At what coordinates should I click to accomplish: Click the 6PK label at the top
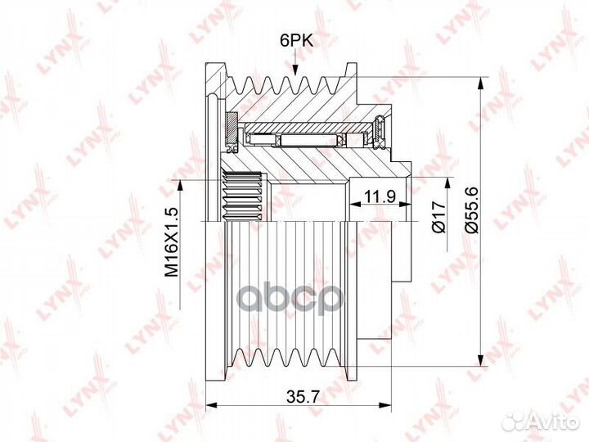[x=296, y=40]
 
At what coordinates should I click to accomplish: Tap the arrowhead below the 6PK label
[x=295, y=70]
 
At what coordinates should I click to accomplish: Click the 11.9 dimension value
[x=380, y=196]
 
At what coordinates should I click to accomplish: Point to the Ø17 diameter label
[x=438, y=216]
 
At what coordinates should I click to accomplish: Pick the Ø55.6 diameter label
[x=472, y=210]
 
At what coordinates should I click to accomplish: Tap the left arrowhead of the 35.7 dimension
[x=212, y=405]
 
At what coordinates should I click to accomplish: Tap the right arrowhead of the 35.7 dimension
[x=385, y=405]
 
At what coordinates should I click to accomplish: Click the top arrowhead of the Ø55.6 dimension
[x=480, y=83]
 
